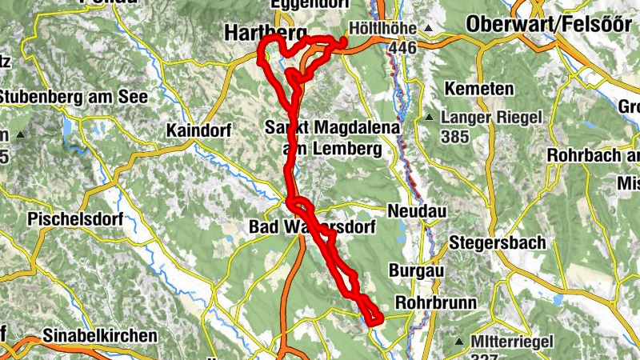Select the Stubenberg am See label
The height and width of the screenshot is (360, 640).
click(x=74, y=98)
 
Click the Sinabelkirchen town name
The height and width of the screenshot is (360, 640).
click(x=101, y=336)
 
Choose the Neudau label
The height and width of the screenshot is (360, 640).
click(x=415, y=210)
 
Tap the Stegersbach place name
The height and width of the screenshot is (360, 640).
click(x=497, y=242)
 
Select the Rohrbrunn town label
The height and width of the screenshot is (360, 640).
click(x=436, y=303)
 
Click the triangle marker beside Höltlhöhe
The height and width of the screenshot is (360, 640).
click(x=428, y=29)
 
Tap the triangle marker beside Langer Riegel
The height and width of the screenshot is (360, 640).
click(x=429, y=118)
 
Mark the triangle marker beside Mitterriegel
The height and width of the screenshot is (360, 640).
click(x=459, y=342)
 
